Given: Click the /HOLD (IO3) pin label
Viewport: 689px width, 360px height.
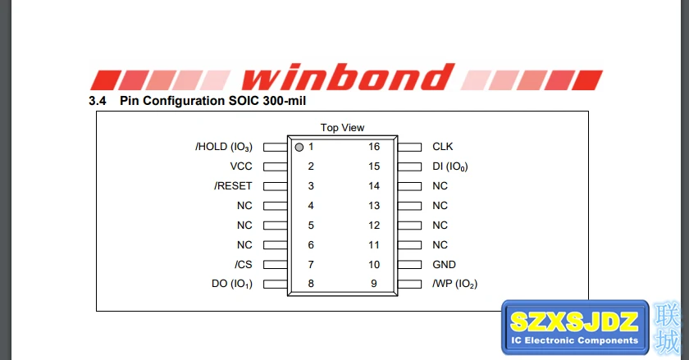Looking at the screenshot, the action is point(224,147).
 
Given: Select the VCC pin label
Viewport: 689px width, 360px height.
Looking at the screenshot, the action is point(241,166).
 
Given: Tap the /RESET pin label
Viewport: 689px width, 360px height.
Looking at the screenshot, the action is point(233,186).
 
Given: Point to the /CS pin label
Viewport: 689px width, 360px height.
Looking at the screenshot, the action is point(243,265).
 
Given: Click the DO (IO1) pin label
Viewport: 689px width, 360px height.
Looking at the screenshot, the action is point(232,284).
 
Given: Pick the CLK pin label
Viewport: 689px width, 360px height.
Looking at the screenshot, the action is point(442,147).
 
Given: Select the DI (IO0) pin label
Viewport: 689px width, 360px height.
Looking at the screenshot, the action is point(450,166).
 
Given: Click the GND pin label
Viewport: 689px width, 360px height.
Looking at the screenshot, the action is point(445,265).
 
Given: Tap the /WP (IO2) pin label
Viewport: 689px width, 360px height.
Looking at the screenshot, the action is point(454,284).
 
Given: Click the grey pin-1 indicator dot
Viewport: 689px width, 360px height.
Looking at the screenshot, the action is point(299,148).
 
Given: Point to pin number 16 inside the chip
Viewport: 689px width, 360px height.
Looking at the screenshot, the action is point(374,147).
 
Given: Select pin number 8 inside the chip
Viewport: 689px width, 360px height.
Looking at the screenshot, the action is point(311,284).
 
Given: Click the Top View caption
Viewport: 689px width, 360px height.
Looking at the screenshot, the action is point(342,128).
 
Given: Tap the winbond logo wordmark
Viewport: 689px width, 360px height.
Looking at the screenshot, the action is point(348,77).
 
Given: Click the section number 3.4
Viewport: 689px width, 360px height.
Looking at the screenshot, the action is point(97,101).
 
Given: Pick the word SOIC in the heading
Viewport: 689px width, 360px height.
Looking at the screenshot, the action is point(244,101).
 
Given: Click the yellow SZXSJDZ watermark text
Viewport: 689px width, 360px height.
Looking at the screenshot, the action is point(574,321).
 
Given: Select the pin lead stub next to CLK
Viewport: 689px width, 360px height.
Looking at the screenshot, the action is point(409,148).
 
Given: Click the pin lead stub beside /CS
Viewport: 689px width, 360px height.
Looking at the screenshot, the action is point(276,265).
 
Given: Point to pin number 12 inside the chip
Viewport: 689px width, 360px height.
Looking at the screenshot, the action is point(374,226).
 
